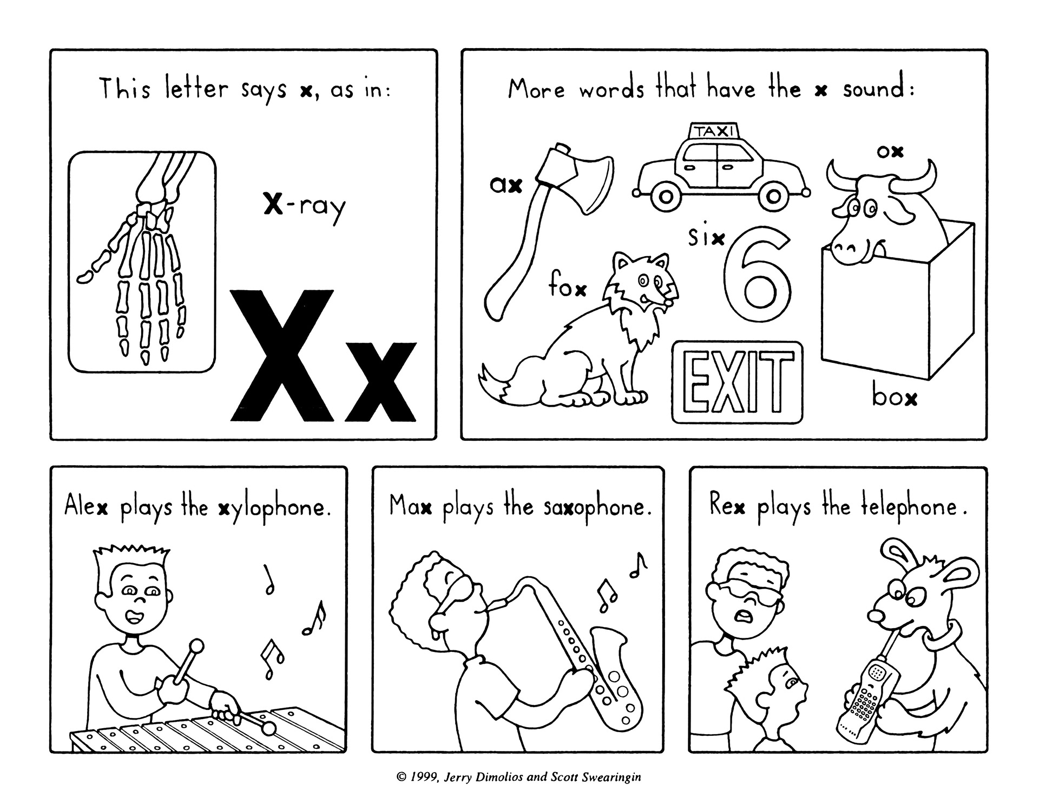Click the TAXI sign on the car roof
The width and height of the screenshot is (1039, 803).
tap(714, 130)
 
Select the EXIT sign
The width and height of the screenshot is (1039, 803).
tap(738, 382)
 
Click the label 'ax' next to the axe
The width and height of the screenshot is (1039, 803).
tap(506, 186)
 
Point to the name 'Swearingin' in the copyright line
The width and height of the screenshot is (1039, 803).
tap(614, 778)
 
